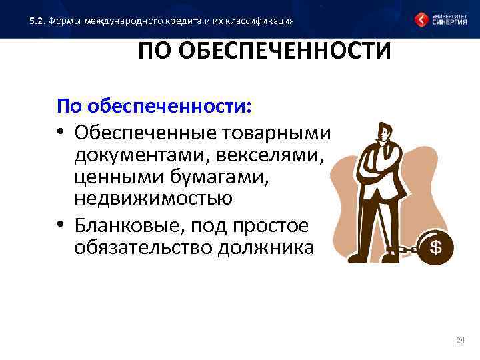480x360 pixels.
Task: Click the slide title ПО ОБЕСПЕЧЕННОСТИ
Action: tap(264, 51)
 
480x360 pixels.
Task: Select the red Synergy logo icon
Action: tap(422, 19)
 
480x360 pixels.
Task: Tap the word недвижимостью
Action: tap(153, 199)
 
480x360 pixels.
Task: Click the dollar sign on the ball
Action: tap(436, 247)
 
